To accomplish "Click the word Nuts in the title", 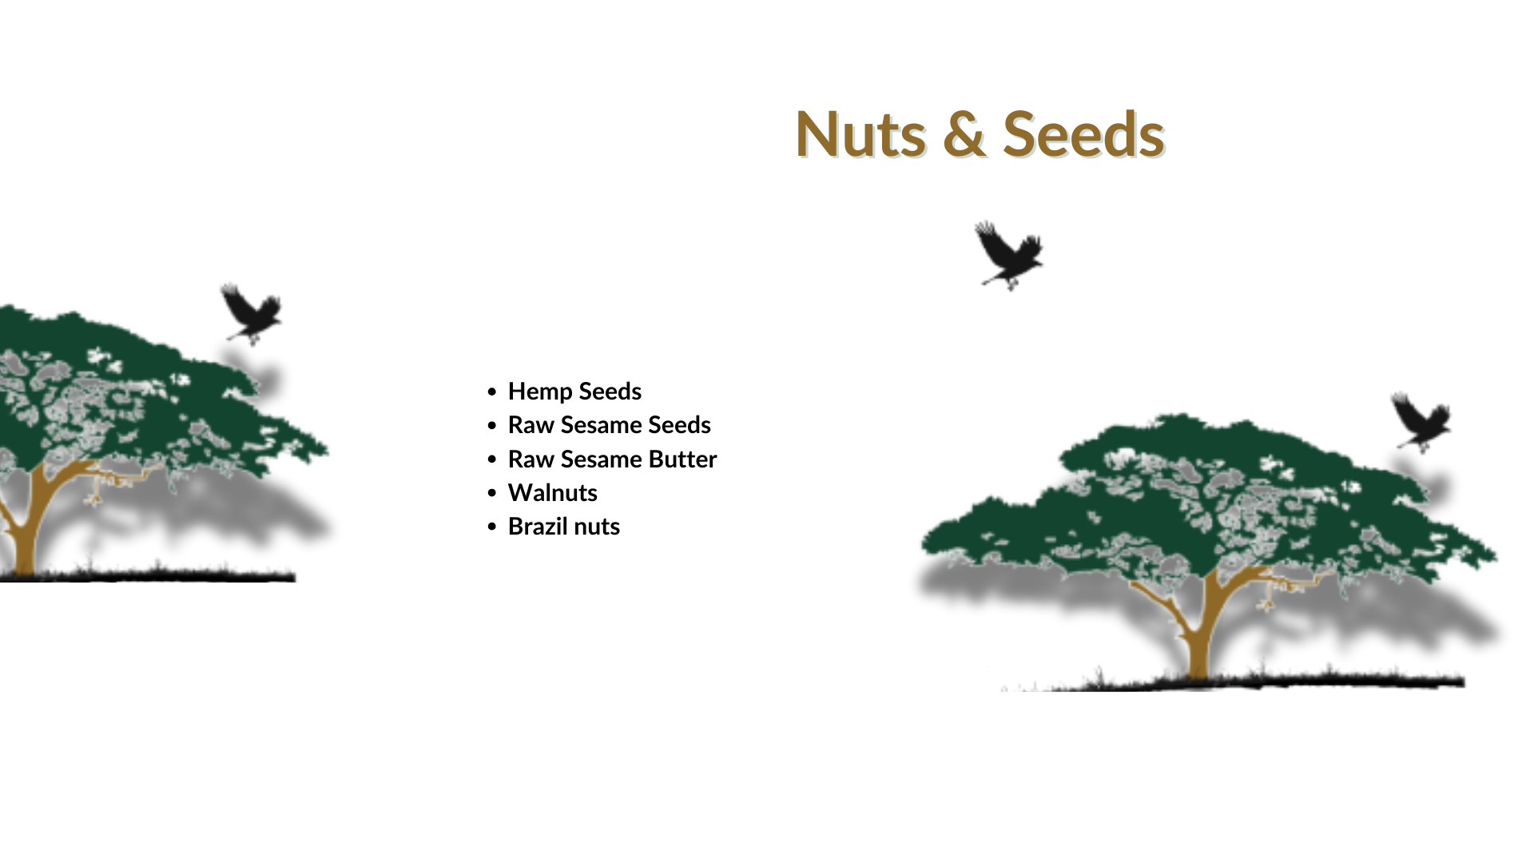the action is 860,134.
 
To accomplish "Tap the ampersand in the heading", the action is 964,134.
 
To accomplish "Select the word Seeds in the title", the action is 1083,134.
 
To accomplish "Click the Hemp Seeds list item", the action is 574,392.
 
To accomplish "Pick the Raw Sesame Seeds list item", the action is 609,425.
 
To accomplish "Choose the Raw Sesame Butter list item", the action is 612,459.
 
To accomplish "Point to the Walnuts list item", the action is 552,493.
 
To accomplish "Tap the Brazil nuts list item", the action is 563,527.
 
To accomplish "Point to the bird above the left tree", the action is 252,314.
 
